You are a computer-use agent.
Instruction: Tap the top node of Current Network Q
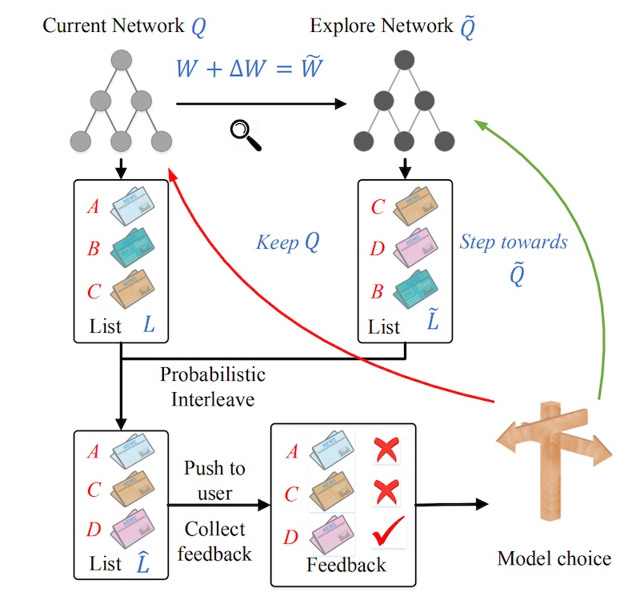[121, 61]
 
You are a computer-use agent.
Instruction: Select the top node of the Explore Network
[405, 61]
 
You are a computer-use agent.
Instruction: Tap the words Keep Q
[288, 242]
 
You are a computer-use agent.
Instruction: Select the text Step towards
[514, 242]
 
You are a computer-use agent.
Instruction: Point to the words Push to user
[214, 480]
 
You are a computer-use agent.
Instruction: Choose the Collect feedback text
[214, 541]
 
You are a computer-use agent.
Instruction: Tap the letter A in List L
[94, 207]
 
